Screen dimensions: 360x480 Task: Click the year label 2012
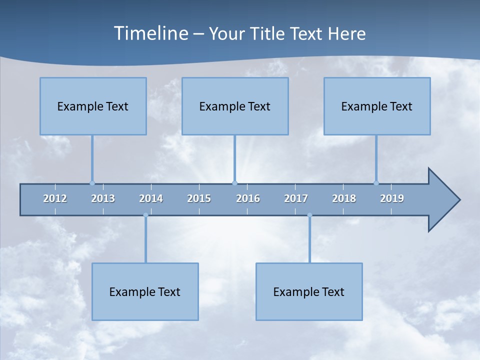[x=55, y=198]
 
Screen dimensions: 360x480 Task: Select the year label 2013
[x=103, y=198]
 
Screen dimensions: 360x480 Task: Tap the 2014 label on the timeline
[x=151, y=198]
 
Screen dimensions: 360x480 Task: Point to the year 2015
[x=199, y=198]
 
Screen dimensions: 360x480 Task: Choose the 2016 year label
[x=248, y=198]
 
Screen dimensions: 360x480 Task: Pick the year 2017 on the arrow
[x=296, y=198]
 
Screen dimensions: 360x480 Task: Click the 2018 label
[x=344, y=198]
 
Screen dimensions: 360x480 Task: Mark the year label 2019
[x=392, y=198]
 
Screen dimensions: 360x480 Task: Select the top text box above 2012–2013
[x=93, y=106]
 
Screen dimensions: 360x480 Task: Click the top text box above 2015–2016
[x=235, y=106]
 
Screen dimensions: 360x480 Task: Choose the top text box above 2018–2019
[x=377, y=106]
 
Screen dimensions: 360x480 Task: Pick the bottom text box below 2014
[x=145, y=291]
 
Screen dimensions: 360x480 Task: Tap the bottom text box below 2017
[x=309, y=291]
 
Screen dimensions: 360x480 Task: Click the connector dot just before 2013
[x=92, y=183]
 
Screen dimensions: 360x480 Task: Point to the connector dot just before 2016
[x=234, y=183]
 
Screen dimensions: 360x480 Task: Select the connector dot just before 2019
[x=376, y=183]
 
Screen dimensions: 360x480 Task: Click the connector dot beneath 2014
[x=145, y=215]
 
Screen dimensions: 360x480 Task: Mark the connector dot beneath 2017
[x=309, y=215]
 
